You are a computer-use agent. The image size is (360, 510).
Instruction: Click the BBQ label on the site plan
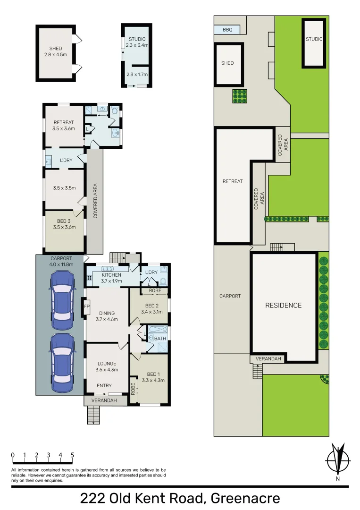[227, 30]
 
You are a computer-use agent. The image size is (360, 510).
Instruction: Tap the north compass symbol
[338, 459]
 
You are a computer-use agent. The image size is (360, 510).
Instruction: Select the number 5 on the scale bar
[72, 455]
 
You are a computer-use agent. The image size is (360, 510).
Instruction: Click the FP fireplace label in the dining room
[86, 306]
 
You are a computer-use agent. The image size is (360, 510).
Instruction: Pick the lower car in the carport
[63, 362]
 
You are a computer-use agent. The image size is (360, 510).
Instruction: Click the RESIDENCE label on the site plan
[283, 306]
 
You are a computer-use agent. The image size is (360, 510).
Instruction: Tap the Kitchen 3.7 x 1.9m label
[111, 278]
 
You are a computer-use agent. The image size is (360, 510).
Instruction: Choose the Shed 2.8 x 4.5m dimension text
[56, 54]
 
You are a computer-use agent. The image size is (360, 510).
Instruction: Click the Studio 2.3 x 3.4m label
[137, 42]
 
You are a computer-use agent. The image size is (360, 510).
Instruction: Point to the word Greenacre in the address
[245, 498]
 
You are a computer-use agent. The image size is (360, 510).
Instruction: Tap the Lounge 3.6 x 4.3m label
[107, 366]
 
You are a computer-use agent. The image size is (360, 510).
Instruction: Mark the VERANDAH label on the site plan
[268, 359]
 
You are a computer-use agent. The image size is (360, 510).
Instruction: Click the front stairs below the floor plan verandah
[93, 415]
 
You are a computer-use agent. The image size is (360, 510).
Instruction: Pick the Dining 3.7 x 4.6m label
[106, 316]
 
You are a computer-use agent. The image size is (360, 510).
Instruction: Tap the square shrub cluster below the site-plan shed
[240, 96]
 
